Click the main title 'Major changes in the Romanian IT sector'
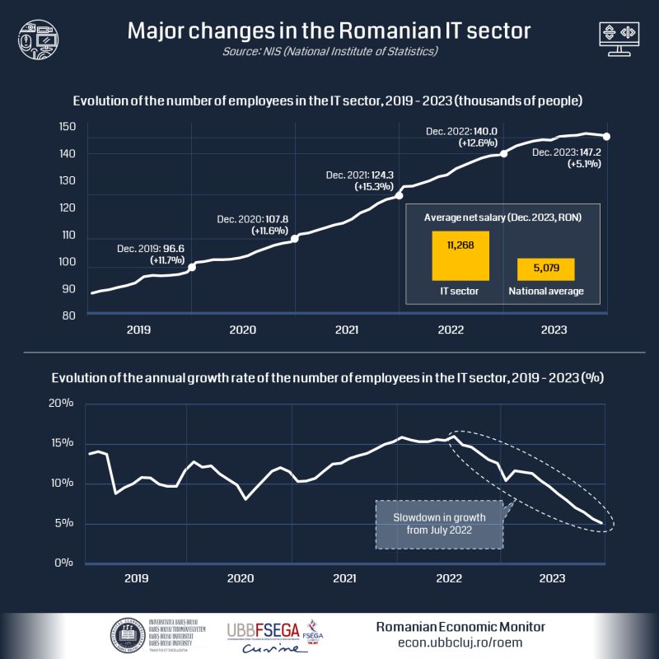[329, 31]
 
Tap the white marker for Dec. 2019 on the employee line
[192, 267]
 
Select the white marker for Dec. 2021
[400, 196]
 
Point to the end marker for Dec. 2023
[607, 136]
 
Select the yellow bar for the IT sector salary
[460, 255]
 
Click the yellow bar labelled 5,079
[546, 269]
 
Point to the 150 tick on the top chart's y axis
[68, 127]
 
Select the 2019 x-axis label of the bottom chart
[136, 578]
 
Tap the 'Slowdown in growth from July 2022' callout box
[438, 524]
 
